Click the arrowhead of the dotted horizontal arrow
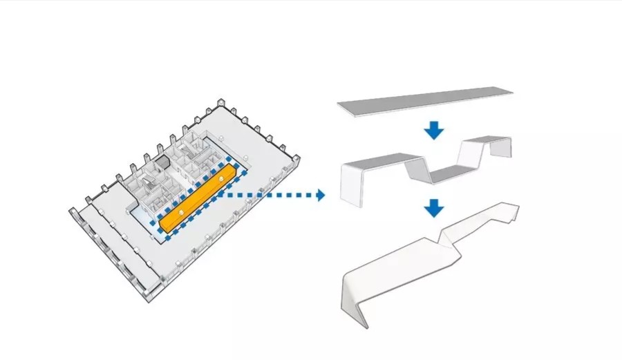click(320, 196)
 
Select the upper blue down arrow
click(433, 130)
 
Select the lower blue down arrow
click(433, 207)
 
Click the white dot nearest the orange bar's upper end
click(221, 179)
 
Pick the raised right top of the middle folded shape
click(487, 141)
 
